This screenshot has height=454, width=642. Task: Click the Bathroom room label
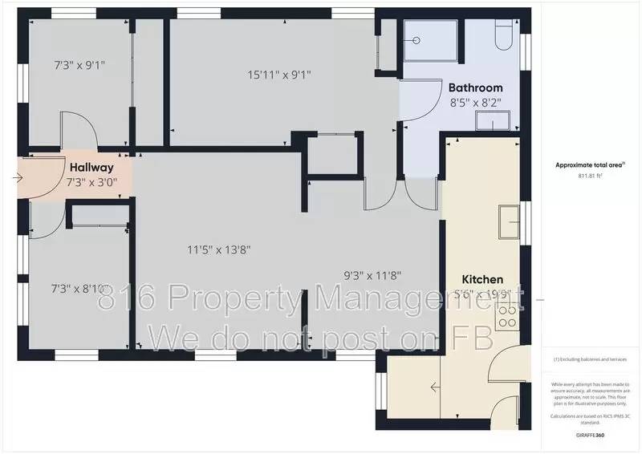[x=475, y=87]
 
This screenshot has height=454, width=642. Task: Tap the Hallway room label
[x=91, y=168]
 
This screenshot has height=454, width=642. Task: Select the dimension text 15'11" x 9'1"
[x=278, y=75]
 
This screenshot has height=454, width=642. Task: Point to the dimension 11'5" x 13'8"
[x=219, y=249]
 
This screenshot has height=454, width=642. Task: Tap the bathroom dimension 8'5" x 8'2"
[x=475, y=103]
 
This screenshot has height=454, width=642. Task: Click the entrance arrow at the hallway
[x=18, y=179]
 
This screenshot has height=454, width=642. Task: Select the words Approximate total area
[x=589, y=164]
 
